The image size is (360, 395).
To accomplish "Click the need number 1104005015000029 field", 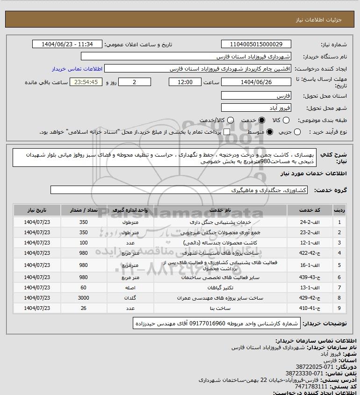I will click(256, 44).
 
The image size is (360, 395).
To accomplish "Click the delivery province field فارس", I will click(256, 95).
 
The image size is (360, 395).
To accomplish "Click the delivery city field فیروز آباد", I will click(256, 108).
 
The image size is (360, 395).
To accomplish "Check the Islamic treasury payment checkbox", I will click(227, 132).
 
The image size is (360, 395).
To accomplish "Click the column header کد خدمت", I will click(310, 211).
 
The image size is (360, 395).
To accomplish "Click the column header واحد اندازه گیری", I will click(131, 211).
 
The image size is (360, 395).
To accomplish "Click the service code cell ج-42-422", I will click(310, 253).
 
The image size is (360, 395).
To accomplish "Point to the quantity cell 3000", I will click(84, 298).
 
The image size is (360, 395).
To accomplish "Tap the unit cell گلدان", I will click(131, 298).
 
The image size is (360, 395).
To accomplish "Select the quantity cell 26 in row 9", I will click(84, 309).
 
